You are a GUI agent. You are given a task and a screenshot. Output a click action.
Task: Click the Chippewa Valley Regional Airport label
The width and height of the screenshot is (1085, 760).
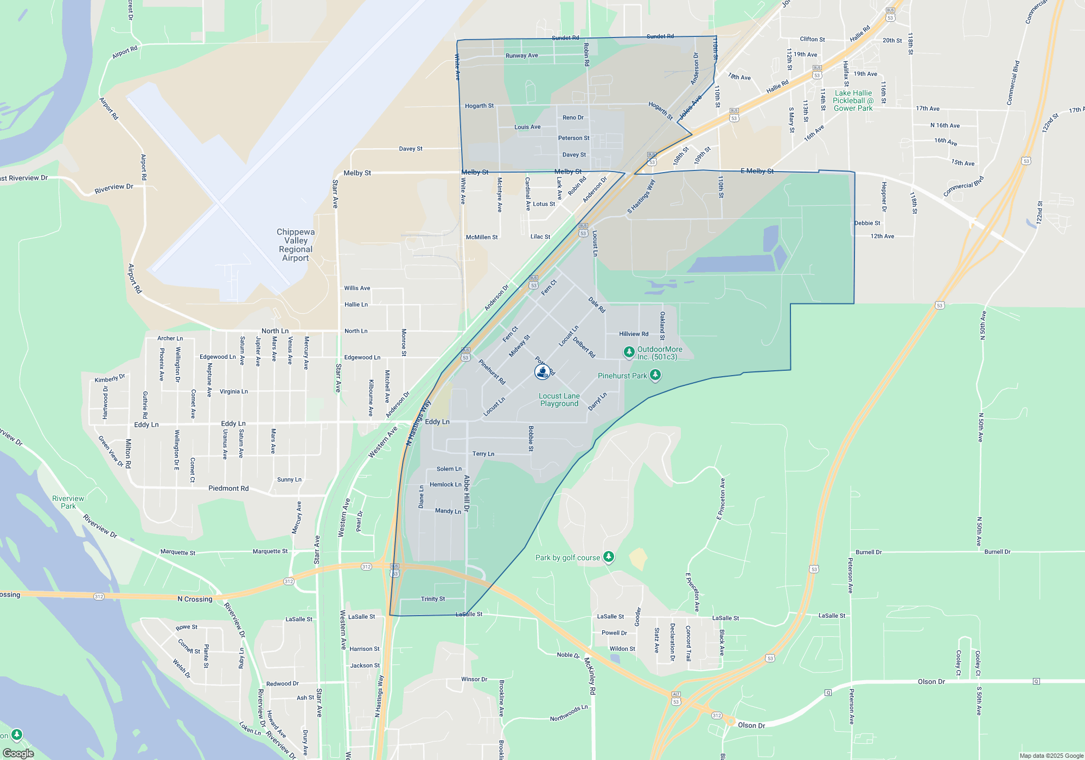(295, 245)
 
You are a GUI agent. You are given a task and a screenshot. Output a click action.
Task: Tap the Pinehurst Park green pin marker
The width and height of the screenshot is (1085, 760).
(655, 375)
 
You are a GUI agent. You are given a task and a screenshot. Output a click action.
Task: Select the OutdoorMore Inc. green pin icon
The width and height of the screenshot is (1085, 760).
(629, 352)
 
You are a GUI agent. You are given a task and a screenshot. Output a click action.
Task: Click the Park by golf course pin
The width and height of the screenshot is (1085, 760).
(609, 556)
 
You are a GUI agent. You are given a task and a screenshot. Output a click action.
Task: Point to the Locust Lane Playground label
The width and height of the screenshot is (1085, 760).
(559, 400)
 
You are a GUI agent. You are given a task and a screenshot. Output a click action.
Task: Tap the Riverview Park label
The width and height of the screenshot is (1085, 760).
(68, 502)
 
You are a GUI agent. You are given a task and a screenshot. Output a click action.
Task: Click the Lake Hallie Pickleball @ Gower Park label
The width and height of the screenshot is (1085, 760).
(853, 101)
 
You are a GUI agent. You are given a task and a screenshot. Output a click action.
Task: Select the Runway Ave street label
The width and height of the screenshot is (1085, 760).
(521, 55)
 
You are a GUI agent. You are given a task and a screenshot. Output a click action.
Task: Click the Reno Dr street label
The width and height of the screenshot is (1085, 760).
(573, 117)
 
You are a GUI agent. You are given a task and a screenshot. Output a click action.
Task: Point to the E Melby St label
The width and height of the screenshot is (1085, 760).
(757, 171)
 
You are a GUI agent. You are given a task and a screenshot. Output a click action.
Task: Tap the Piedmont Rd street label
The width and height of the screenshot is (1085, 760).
(228, 489)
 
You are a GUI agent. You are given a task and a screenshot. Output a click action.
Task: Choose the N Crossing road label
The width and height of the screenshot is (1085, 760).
(195, 599)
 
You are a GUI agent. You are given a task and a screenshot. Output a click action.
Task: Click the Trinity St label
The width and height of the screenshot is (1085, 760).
(432, 599)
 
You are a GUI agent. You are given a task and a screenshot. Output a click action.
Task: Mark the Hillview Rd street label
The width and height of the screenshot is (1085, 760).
(634, 334)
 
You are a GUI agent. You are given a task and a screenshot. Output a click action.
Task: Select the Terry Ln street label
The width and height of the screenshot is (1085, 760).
(483, 454)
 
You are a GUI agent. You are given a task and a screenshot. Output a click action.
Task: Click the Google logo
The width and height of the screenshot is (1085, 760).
(18, 753)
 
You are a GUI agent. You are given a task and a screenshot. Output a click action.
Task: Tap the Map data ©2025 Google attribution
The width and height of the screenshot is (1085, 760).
(1051, 756)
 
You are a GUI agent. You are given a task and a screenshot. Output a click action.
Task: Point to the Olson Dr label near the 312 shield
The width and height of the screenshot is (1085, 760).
(751, 725)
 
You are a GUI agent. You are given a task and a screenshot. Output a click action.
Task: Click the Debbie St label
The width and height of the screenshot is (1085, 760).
(867, 223)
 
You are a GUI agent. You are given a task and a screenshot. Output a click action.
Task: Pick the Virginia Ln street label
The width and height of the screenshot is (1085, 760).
(233, 391)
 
